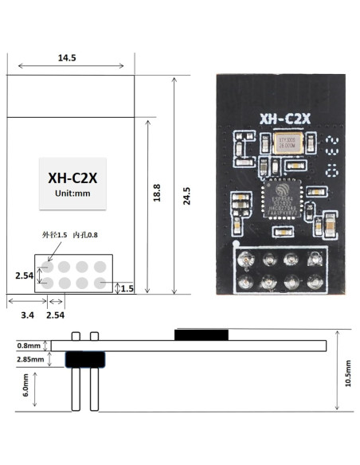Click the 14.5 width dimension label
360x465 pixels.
[67, 58]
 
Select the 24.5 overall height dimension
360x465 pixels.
[186, 196]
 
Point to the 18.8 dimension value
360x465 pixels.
[157, 193]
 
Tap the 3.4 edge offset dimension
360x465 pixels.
[26, 316]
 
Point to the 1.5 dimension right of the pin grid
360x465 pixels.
[127, 288]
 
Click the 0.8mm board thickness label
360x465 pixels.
[29, 346]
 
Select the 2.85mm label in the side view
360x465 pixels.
[29, 361]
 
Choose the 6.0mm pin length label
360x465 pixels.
[26, 386]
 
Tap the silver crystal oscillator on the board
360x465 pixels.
[285, 144]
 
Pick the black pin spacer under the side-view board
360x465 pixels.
[84, 360]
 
